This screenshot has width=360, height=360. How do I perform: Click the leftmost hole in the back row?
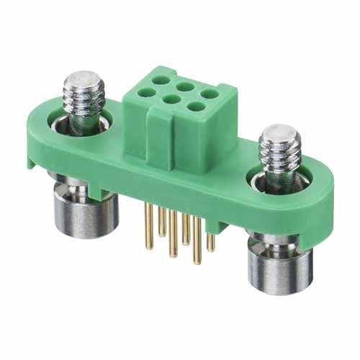tap(157, 80)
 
